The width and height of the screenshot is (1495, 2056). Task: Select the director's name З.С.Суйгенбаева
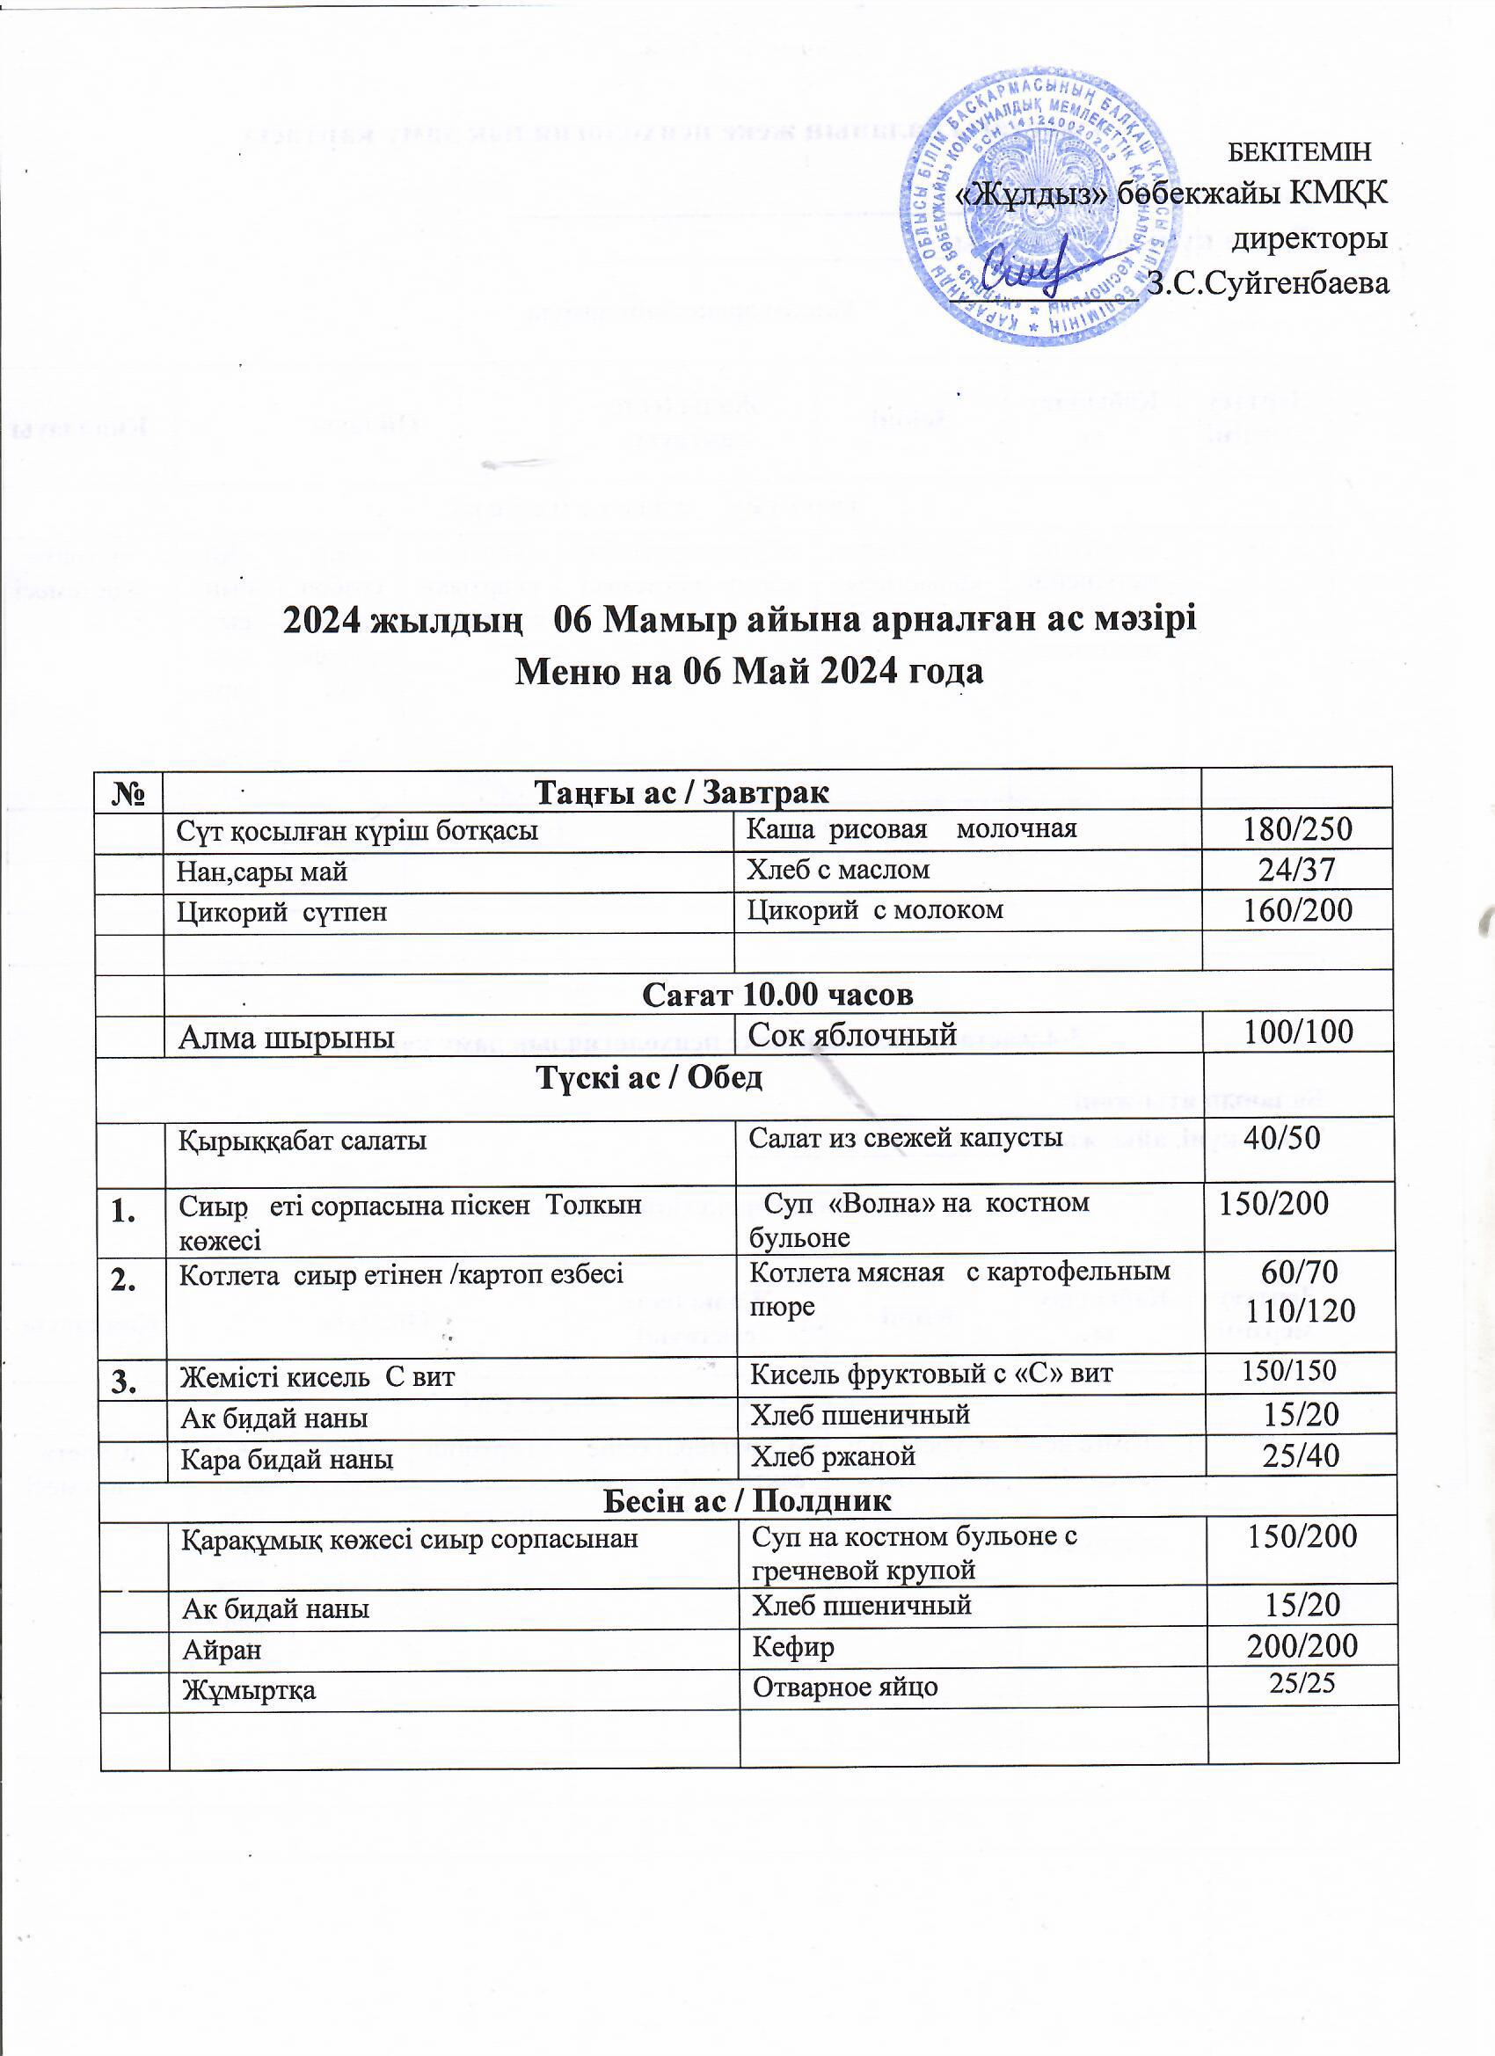click(x=1267, y=283)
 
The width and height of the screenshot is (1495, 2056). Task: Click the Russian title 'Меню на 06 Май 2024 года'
click(x=749, y=673)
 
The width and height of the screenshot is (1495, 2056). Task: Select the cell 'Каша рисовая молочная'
click(x=911, y=828)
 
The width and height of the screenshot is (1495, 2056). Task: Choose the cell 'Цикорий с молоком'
click(x=875, y=909)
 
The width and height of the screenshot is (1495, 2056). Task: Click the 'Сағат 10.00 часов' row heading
click(x=777, y=995)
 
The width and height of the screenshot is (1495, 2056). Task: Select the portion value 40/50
click(x=1281, y=1139)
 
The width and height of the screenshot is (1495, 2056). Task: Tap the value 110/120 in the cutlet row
click(x=1301, y=1310)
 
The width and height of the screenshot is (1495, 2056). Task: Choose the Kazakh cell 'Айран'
click(x=222, y=1650)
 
